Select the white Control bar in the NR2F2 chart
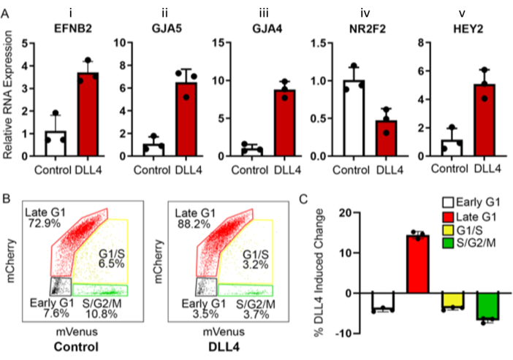pyautogui.click(x=354, y=120)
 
